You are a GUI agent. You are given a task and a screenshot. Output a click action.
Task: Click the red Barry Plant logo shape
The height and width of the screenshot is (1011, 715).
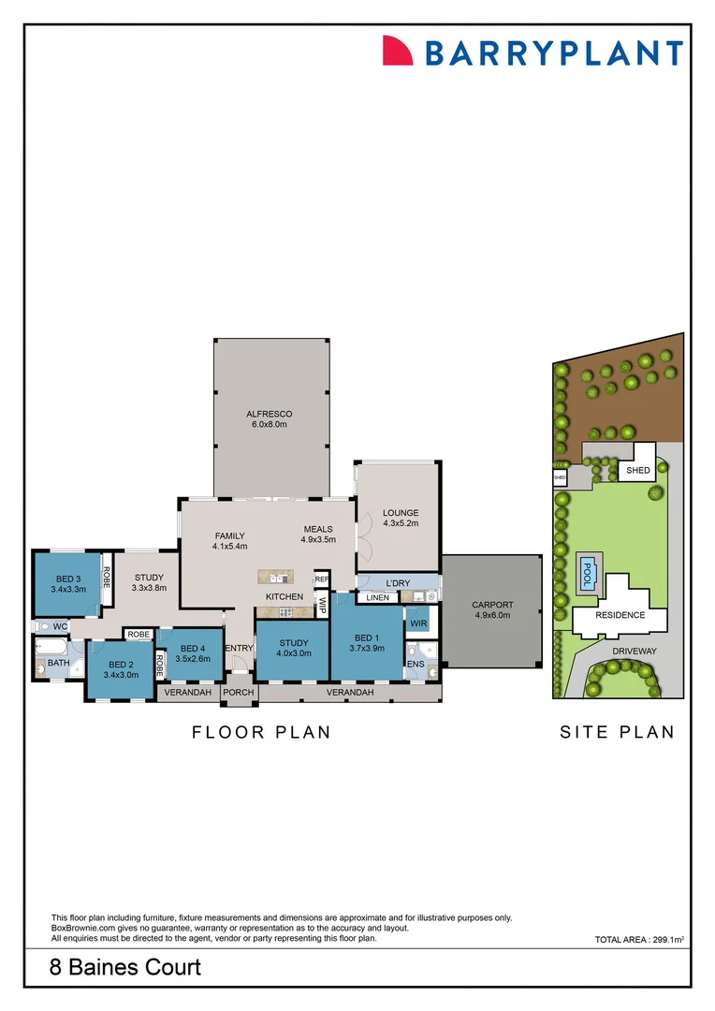[398, 51]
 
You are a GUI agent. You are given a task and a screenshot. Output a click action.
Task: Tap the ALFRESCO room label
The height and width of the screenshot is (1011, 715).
[270, 414]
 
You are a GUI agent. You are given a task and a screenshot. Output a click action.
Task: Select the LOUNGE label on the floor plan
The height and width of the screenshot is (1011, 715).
[400, 512]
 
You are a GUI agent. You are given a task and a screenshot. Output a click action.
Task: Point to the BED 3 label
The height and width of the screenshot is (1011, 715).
[68, 578]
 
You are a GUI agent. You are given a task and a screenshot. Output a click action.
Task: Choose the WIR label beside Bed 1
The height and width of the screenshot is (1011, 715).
[418, 623]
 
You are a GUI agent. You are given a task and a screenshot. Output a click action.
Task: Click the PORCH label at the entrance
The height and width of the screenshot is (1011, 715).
[238, 693]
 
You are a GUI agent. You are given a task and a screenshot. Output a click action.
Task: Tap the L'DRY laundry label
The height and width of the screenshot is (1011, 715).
[398, 583]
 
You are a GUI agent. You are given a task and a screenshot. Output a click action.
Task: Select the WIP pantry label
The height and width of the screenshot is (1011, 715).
[322, 606]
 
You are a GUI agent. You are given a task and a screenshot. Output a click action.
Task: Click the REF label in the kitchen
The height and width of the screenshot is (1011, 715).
[321, 579]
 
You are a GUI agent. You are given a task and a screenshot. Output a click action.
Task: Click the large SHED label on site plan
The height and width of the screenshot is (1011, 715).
[638, 471]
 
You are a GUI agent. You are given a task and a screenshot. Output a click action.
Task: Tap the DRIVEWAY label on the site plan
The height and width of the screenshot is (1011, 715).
[635, 650]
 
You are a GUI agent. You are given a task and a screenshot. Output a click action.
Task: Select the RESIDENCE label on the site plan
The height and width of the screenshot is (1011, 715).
[620, 615]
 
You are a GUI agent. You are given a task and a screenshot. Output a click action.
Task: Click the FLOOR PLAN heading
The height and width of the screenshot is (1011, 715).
[261, 732]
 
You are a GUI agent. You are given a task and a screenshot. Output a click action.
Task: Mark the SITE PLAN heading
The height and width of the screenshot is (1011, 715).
[617, 732]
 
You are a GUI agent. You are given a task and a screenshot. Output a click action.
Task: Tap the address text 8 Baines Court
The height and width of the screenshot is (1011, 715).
[125, 967]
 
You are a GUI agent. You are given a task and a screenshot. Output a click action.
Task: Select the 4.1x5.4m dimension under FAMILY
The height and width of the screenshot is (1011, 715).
[229, 546]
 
